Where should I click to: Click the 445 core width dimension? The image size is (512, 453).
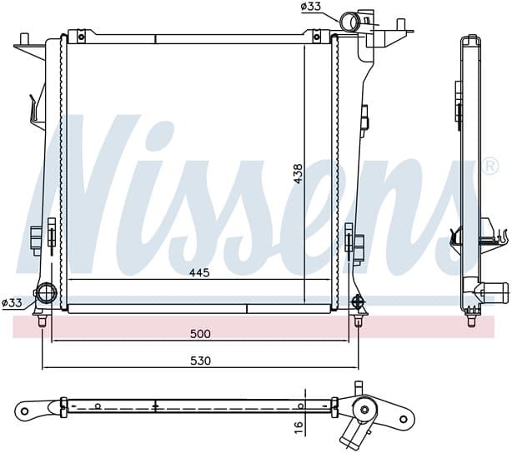tap(199, 272)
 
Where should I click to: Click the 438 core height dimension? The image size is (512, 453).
tap(299, 173)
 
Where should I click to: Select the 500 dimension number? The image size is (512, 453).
tap(200, 334)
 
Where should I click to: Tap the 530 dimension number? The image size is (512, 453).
tap(200, 361)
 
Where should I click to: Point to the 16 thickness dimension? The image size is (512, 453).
tap(299, 425)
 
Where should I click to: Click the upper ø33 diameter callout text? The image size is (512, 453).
tap(311, 7)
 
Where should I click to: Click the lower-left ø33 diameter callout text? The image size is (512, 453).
tap(12, 303)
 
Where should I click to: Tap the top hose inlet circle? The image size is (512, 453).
tap(349, 21)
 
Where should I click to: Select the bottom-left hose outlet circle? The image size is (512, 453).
tap(47, 293)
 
